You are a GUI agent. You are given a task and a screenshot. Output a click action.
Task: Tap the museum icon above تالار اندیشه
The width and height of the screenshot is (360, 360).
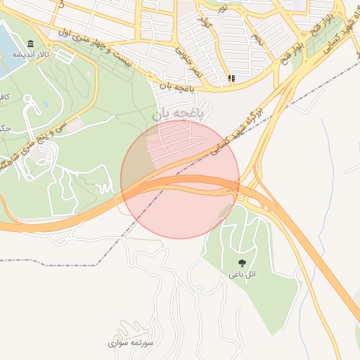tap(30, 44)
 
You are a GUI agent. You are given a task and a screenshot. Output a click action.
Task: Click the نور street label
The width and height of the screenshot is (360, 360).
tap(222, 8)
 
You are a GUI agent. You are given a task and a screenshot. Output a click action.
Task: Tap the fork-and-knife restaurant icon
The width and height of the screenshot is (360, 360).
tap(232, 79)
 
